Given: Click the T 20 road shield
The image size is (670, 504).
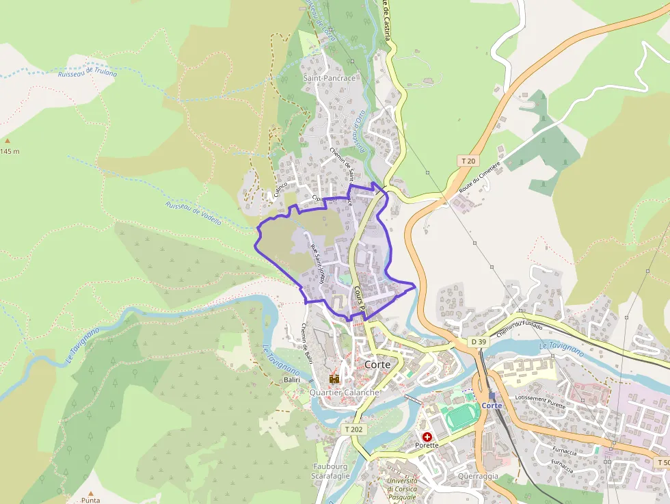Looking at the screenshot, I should [468, 161].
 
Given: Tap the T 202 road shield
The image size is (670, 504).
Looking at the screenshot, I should [353, 429].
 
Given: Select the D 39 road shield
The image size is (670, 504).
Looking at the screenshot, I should [478, 341].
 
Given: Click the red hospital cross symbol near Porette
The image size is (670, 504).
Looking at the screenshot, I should [427, 436].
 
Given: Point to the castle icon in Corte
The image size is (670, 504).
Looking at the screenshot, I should [334, 377].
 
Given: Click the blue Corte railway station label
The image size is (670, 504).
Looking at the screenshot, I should [492, 406].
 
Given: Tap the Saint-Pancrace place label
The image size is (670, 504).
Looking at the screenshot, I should [330, 78].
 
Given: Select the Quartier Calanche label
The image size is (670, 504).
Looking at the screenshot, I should [344, 393].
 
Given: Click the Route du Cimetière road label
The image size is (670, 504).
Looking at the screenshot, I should [480, 178].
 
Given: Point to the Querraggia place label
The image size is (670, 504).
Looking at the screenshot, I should [478, 476].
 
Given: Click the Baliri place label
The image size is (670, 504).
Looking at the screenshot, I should [292, 379].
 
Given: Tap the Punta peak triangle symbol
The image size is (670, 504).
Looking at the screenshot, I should [90, 492].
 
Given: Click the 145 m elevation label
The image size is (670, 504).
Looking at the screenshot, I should [10, 151].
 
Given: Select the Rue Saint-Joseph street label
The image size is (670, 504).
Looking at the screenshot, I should [317, 265].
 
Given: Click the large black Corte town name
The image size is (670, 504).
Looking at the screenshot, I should [377, 364].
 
